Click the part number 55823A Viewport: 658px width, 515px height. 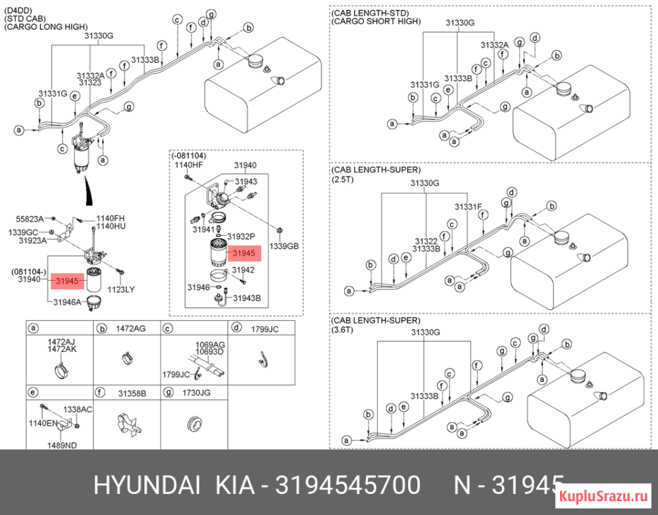[30, 218]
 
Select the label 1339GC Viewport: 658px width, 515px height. [23, 232]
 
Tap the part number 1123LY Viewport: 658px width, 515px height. [121, 289]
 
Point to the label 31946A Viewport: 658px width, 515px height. [67, 301]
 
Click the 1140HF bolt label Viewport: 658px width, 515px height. [189, 165]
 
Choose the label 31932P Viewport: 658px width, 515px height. [241, 237]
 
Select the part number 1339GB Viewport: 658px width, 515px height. [284, 246]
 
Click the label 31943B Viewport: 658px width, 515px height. [247, 298]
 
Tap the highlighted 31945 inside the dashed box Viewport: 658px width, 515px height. [243, 253]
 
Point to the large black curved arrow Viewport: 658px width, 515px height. [88, 191]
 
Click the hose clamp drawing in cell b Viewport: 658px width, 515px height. [127, 358]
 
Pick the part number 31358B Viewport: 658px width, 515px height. [132, 393]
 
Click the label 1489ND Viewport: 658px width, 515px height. [62, 445]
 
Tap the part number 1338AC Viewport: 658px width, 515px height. [78, 409]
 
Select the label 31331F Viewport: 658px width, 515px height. [468, 207]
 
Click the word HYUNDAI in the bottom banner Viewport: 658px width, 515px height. [147, 485]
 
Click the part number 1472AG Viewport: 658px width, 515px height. [131, 328]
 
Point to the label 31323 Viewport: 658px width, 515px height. [90, 82]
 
